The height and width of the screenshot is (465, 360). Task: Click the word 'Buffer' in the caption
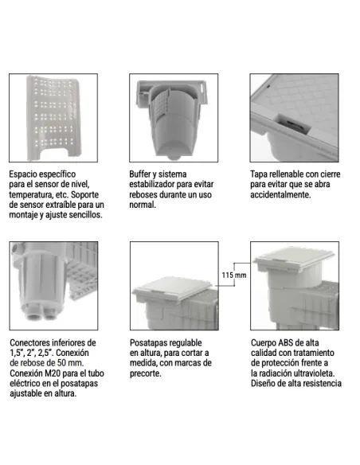tap(143, 173)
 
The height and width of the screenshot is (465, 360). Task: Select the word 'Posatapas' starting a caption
tap(149, 342)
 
